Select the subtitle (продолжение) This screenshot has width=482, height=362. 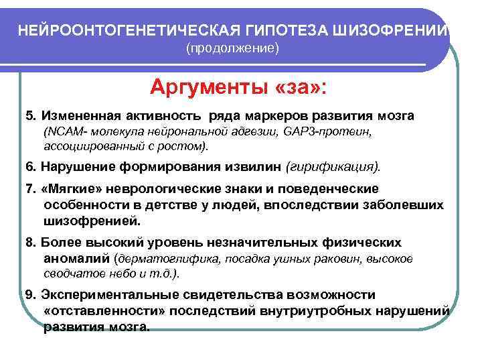(x=232, y=50)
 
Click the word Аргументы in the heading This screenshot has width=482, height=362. (x=205, y=87)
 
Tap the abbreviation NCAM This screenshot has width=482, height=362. (x=59, y=132)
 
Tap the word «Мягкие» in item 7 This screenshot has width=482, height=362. (x=68, y=190)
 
